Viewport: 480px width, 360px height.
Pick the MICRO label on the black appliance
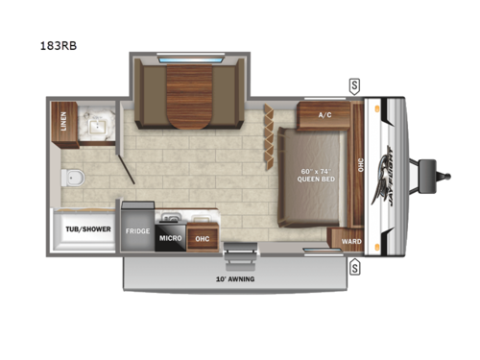point(170,237)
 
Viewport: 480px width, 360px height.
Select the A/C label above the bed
point(324,116)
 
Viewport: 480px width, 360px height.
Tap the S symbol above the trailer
point(354,84)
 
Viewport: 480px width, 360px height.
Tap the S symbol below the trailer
point(354,266)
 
